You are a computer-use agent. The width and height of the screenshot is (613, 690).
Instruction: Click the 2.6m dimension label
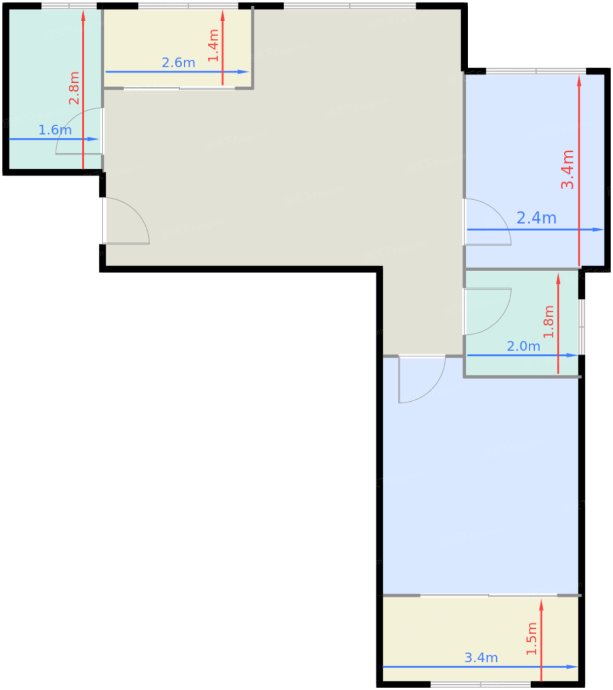point(178,63)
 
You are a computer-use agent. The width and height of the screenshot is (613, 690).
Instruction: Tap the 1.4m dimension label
point(213,46)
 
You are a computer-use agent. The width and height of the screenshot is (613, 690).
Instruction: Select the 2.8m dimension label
point(74,88)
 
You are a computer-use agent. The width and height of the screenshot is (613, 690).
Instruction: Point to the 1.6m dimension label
point(55,130)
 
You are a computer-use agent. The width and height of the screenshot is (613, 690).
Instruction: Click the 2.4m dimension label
point(537,218)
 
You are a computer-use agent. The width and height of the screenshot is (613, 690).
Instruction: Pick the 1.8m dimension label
point(548,321)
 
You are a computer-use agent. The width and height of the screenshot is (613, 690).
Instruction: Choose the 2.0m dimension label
point(523,346)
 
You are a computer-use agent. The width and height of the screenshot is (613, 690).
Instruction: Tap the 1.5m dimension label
point(531,639)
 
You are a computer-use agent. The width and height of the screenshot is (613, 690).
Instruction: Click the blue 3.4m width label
point(481,657)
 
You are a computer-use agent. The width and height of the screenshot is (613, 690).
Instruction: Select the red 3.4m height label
point(567,169)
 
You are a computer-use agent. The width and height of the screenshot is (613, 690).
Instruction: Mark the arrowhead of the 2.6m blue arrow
point(243,72)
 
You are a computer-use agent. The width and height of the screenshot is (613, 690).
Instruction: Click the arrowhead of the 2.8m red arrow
point(83,15)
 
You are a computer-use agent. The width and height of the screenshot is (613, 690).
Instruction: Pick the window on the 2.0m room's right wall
point(581,327)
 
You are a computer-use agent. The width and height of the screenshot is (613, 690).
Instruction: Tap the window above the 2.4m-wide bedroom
point(536,71)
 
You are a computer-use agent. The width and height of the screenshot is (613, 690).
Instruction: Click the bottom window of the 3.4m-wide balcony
point(481,684)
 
